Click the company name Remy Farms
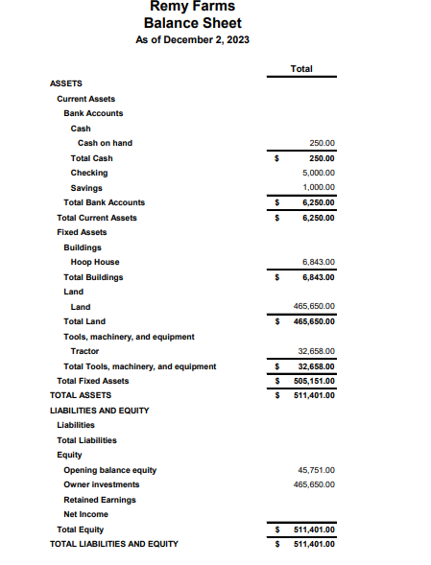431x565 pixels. coord(192,7)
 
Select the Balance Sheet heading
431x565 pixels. coord(192,23)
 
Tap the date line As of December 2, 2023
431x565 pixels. coord(192,39)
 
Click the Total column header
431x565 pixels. coord(300,69)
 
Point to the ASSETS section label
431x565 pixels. coord(65,83)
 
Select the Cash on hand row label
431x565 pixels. coord(105,143)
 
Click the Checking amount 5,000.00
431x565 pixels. coord(318,173)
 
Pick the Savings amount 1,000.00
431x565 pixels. coord(318,188)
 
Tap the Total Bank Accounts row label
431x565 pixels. coord(104,202)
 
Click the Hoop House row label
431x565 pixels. coord(95,262)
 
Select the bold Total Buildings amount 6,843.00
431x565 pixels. coord(318,277)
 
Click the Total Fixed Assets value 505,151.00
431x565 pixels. coord(314,381)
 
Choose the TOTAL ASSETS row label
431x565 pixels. coord(81,395)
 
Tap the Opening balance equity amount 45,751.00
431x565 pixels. coord(316,470)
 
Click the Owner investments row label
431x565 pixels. coord(101,484)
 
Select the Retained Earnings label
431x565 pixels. coord(99,500)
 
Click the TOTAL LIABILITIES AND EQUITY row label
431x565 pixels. coord(113,544)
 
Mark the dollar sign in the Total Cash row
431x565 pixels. coord(276,158)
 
